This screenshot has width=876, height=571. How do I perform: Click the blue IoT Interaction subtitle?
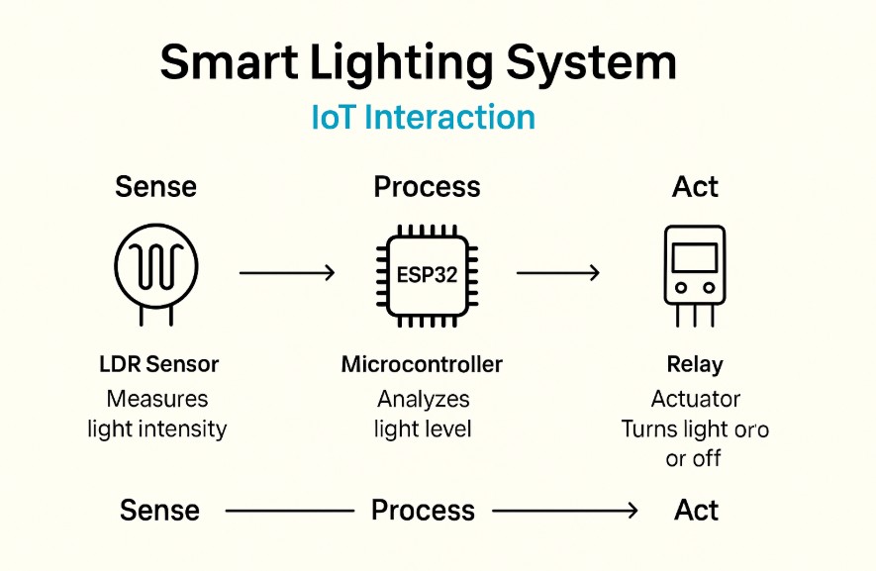pyautogui.click(x=423, y=117)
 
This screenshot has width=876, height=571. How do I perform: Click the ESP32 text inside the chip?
pyautogui.click(x=427, y=274)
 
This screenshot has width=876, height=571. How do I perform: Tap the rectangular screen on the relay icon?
pyautogui.click(x=695, y=258)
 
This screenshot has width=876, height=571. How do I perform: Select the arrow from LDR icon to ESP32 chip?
pyautogui.click(x=288, y=272)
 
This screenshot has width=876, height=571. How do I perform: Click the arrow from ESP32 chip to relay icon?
pyautogui.click(x=558, y=272)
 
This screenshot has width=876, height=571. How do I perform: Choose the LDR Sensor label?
pyautogui.click(x=158, y=364)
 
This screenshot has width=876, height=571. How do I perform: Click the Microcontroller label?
pyautogui.click(x=422, y=364)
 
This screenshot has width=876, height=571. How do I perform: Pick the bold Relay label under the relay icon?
pyautogui.click(x=695, y=365)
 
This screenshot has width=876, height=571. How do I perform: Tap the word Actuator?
pyautogui.click(x=695, y=400)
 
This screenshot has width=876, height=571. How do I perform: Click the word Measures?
pyautogui.click(x=157, y=400)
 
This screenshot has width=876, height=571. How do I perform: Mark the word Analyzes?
pyautogui.click(x=423, y=400)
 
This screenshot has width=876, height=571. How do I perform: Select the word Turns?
pyautogui.click(x=647, y=429)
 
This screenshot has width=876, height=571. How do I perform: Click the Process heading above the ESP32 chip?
pyautogui.click(x=427, y=187)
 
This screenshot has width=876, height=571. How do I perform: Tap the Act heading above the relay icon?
pyautogui.click(x=695, y=187)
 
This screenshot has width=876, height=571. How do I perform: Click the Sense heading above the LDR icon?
pyautogui.click(x=155, y=186)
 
